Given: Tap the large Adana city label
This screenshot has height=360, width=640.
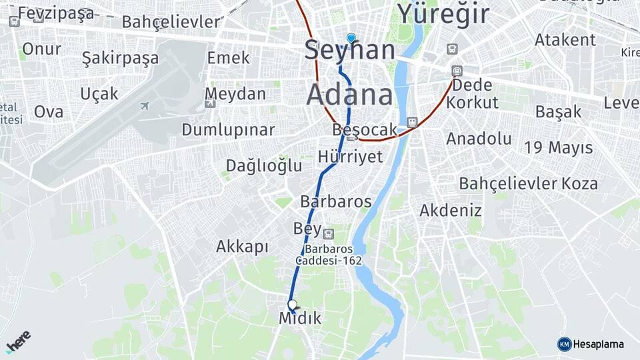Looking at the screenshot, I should pyautogui.click(x=350, y=95).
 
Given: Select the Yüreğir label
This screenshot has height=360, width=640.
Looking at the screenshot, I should pyautogui.click(x=443, y=13).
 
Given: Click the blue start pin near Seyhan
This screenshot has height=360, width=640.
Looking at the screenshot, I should pyautogui.click(x=351, y=38).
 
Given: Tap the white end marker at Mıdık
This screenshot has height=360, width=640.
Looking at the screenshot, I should pyautogui.click(x=291, y=305).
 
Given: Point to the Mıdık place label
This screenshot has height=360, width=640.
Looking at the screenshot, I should pyautogui.click(x=300, y=319).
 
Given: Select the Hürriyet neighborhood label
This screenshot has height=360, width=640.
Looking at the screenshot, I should pyautogui.click(x=351, y=157).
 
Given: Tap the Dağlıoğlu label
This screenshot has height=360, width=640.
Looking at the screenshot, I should pyautogui.click(x=264, y=165).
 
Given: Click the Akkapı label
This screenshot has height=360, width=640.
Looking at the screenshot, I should pyautogui.click(x=242, y=247).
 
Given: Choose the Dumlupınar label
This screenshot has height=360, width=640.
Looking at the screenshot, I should pyautogui.click(x=228, y=129).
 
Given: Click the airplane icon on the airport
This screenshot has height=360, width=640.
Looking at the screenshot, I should pyautogui.click(x=145, y=105).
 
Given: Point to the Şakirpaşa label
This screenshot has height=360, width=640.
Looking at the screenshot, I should pyautogui.click(x=120, y=58).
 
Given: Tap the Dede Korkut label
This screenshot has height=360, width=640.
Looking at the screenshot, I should pyautogui.click(x=472, y=94).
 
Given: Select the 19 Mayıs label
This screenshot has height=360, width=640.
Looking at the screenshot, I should pyautogui.click(x=558, y=148).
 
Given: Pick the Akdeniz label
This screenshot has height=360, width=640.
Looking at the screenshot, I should pyautogui.click(x=450, y=211).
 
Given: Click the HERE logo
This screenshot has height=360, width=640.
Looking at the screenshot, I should pyautogui.click(x=19, y=341).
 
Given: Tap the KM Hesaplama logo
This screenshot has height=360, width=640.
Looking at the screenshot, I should pyautogui.click(x=591, y=344).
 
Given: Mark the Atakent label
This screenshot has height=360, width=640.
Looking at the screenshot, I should pyautogui.click(x=565, y=40).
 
